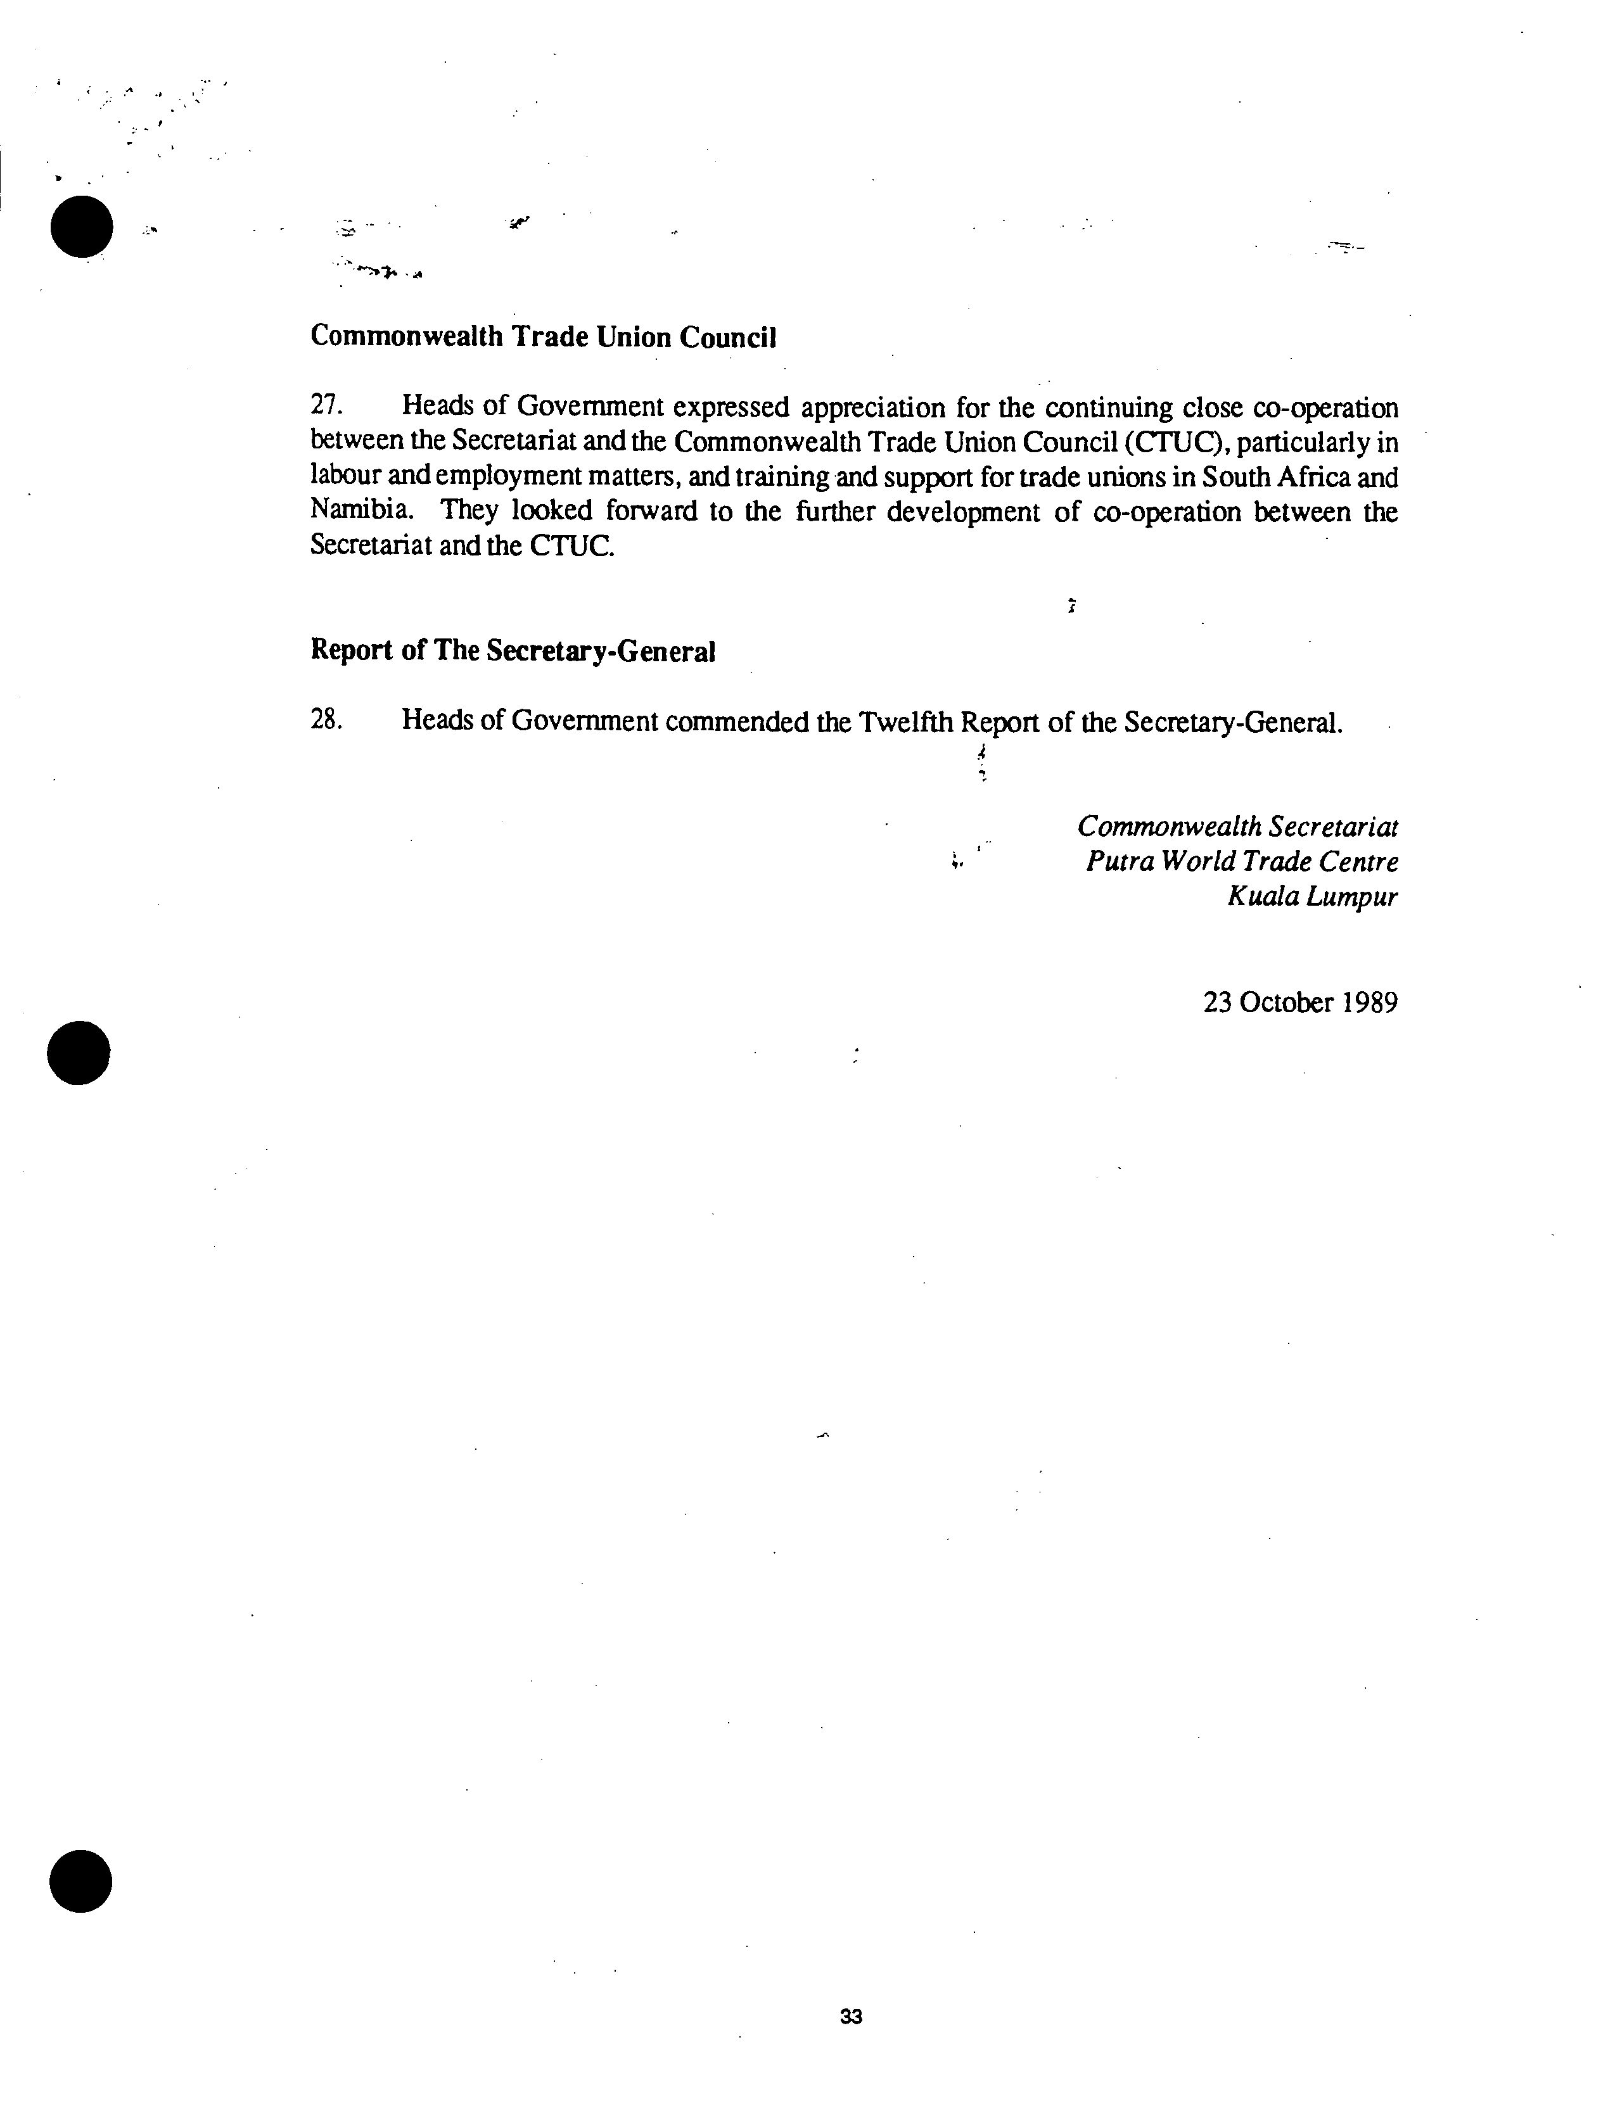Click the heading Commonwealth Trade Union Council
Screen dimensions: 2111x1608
point(543,337)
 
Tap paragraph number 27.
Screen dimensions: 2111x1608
point(326,406)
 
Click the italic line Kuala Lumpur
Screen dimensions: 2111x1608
point(1312,897)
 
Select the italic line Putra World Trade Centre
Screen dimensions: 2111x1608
point(1241,861)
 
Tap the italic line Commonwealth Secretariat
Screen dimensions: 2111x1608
point(1237,826)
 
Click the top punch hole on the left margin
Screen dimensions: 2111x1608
point(81,226)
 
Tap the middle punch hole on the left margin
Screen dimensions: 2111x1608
point(79,1053)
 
